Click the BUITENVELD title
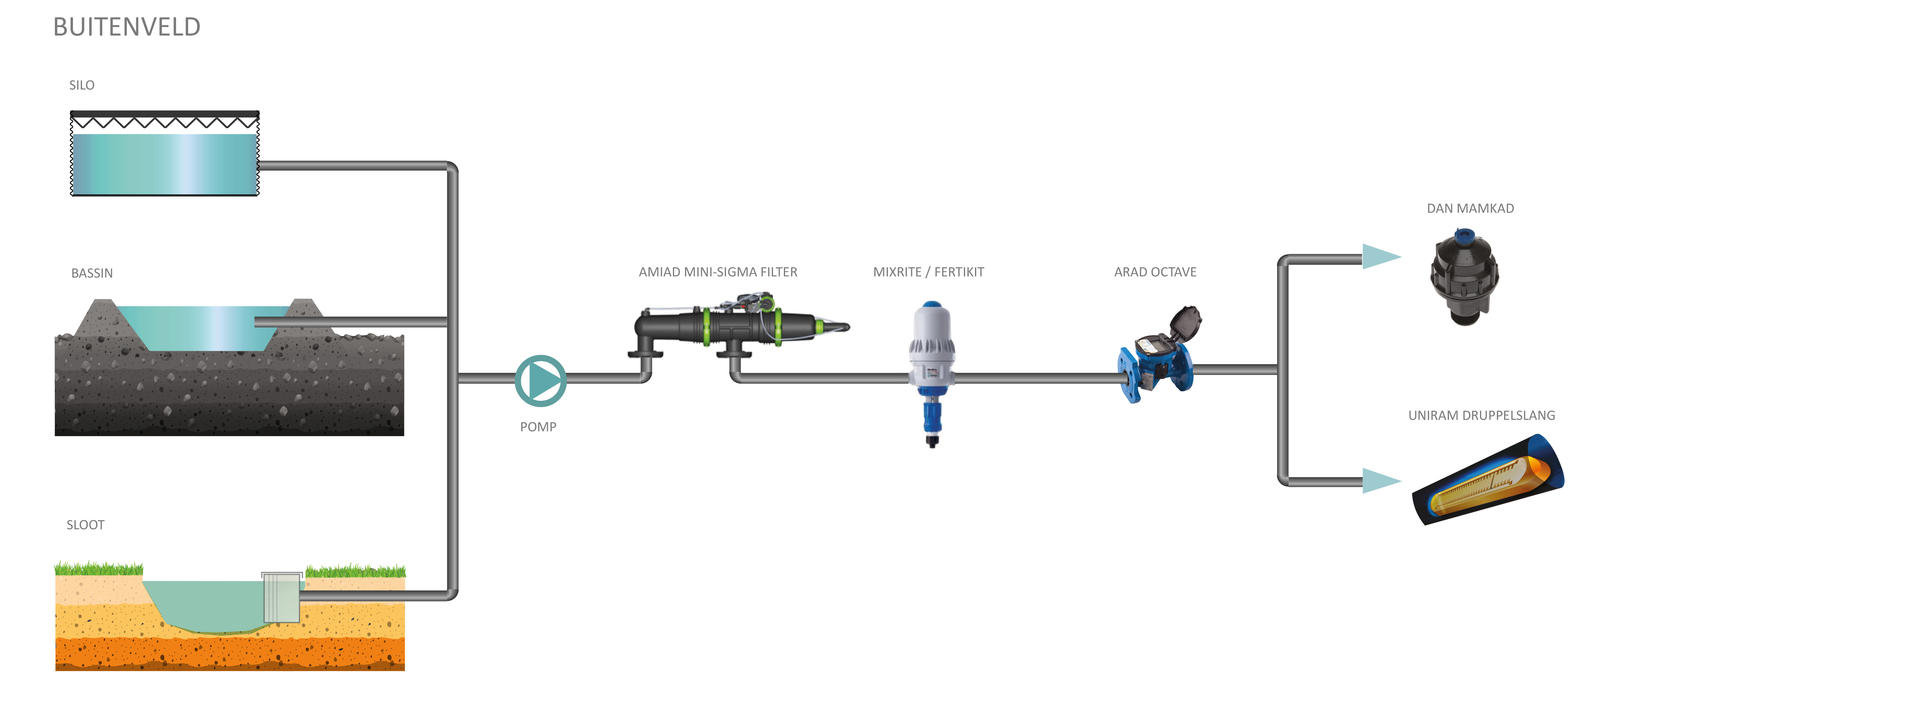127,27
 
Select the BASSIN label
92,273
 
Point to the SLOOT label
85,525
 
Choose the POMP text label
538,426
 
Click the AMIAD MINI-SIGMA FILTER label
718,272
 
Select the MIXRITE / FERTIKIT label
928,272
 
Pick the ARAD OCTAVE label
1155,272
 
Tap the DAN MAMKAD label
1470,209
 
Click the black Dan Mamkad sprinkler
1464,277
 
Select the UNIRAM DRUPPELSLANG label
1481,415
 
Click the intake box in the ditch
281,597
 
